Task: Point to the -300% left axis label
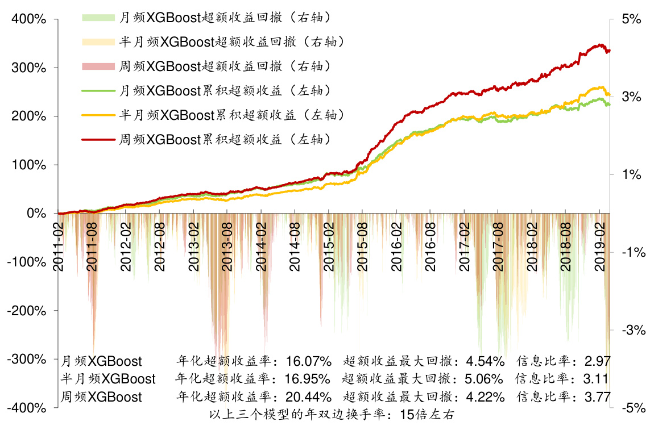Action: (26, 360)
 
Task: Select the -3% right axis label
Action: (632, 330)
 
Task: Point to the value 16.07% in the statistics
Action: (308, 361)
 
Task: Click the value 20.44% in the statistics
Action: (308, 396)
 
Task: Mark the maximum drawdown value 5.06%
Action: (483, 379)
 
